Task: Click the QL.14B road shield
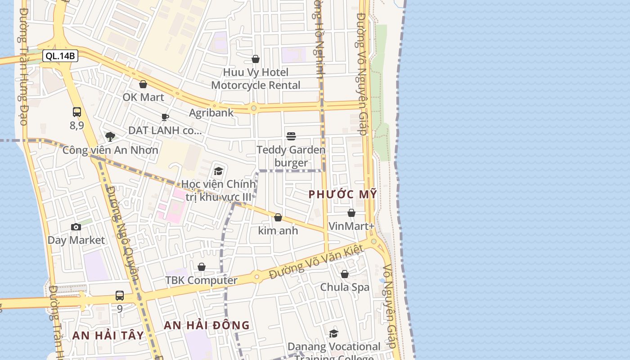[60, 56]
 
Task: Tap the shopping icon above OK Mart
[143, 84]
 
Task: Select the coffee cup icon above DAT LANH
[165, 117]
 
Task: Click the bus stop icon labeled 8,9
[77, 112]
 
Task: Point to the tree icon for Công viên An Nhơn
[110, 137]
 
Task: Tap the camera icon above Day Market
[76, 227]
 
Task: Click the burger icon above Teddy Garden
[291, 136]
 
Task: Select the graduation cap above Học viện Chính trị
[219, 171]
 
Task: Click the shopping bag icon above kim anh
[278, 218]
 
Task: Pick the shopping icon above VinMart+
[351, 213]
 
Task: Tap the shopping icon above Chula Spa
[345, 274]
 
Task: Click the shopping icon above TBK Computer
[202, 267]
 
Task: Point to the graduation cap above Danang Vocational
[333, 333]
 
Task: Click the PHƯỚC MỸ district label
[342, 194]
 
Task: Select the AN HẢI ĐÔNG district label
[207, 325]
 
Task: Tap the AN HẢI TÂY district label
[108, 335]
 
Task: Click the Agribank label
[211, 112]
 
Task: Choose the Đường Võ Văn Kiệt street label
[316, 262]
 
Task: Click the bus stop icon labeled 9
[120, 296]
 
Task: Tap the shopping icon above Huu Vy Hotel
[256, 59]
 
